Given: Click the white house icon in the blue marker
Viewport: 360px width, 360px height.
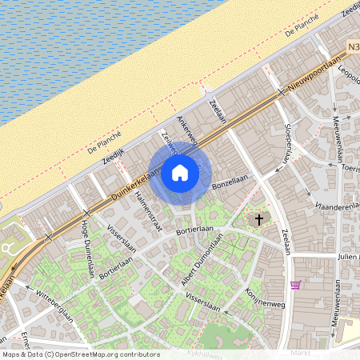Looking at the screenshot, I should pos(180,172).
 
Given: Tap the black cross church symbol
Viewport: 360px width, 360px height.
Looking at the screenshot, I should pos(258,219).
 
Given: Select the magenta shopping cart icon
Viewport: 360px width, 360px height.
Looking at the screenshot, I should pos(296,285).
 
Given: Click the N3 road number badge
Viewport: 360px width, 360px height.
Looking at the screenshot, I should pos(353,48).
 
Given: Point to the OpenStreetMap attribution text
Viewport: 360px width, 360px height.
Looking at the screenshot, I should pos(80,354).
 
